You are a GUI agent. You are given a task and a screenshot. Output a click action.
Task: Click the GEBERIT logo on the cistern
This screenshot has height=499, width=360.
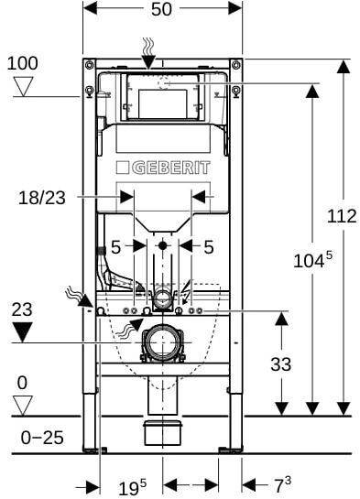163,168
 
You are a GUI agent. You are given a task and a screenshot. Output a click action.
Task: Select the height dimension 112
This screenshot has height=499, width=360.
341,216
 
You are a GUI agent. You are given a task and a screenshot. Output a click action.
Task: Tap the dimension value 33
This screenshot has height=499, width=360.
280,363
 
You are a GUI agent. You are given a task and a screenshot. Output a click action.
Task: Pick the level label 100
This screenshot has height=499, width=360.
23,63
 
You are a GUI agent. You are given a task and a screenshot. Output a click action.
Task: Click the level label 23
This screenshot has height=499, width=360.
22,309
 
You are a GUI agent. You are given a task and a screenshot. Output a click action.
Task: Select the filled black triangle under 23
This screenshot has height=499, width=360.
23,331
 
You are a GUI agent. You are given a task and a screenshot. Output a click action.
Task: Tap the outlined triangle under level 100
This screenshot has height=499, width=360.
23,87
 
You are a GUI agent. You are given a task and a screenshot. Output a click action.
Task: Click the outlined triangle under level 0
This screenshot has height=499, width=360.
23,404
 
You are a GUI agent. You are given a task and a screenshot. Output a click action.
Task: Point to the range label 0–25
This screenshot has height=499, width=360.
42,437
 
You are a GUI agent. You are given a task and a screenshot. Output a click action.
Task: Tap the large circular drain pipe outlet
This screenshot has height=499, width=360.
163,343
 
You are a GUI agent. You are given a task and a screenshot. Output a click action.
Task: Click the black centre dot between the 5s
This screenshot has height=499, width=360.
163,245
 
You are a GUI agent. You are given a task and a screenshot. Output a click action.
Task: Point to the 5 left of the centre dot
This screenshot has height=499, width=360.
116,245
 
